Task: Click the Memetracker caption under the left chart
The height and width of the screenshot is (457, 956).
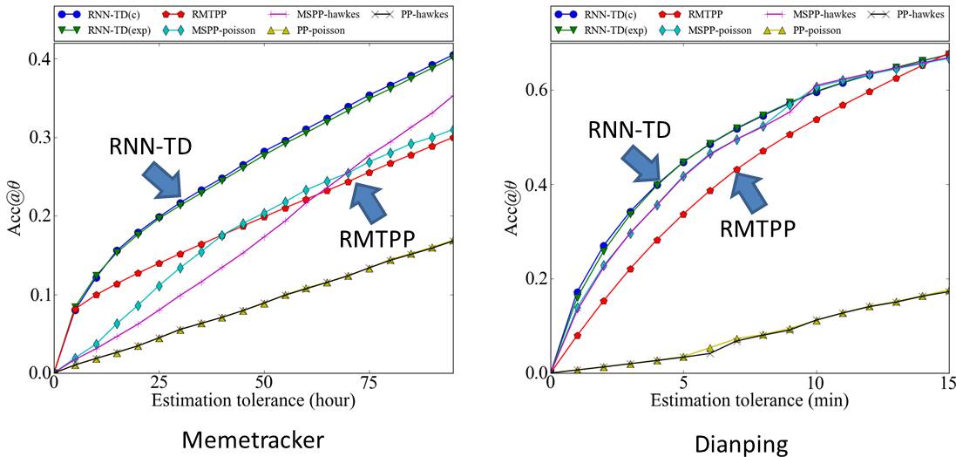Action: click(252, 440)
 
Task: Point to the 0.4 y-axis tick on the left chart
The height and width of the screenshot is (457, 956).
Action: click(38, 59)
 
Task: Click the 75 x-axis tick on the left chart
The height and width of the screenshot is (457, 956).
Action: click(369, 382)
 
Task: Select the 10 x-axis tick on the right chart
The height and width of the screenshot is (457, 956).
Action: click(817, 382)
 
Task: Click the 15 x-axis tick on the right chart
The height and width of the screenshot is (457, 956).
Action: click(948, 382)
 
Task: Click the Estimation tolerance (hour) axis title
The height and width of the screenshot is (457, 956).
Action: click(254, 400)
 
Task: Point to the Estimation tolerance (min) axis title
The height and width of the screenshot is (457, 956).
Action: click(749, 400)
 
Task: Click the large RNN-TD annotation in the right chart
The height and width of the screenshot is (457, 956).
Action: click(629, 130)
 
